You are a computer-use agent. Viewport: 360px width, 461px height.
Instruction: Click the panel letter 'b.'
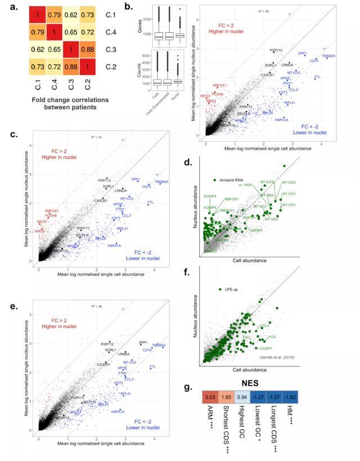pyautogui.click(x=128, y=6)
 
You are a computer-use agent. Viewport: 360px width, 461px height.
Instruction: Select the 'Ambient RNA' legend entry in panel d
pyautogui.click(x=231, y=180)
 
